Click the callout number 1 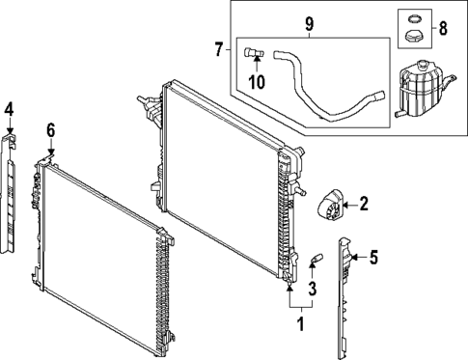coord(300,324)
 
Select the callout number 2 coord(364,203)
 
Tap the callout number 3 coord(313,290)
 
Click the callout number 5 coord(373,257)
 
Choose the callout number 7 coord(218,48)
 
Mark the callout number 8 coord(442,29)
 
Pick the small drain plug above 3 coord(313,259)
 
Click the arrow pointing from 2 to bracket coord(350,203)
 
